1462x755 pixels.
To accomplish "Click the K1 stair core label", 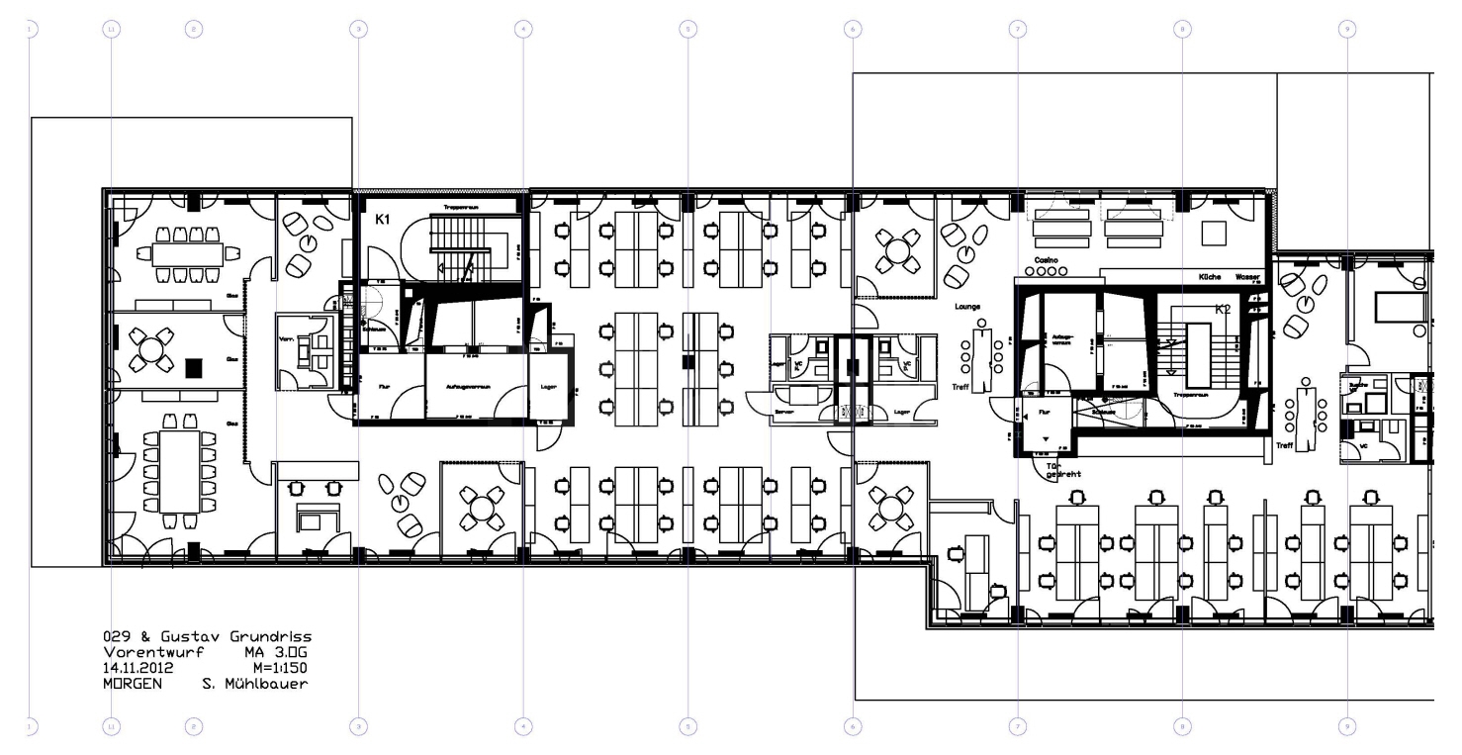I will [x=381, y=224].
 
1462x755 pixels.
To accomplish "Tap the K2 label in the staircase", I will [x=1223, y=309].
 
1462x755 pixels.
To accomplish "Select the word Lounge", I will [x=966, y=307].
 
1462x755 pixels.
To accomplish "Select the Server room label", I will [x=782, y=411].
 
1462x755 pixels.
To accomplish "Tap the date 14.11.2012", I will [x=138, y=668].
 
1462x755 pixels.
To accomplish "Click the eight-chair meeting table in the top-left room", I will [x=188, y=254].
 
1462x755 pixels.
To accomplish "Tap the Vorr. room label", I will [x=286, y=337].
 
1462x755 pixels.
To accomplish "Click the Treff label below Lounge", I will [x=960, y=387].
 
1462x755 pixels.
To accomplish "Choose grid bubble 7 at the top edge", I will [x=1017, y=30].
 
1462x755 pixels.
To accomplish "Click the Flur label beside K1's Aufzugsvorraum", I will [x=376, y=386].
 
